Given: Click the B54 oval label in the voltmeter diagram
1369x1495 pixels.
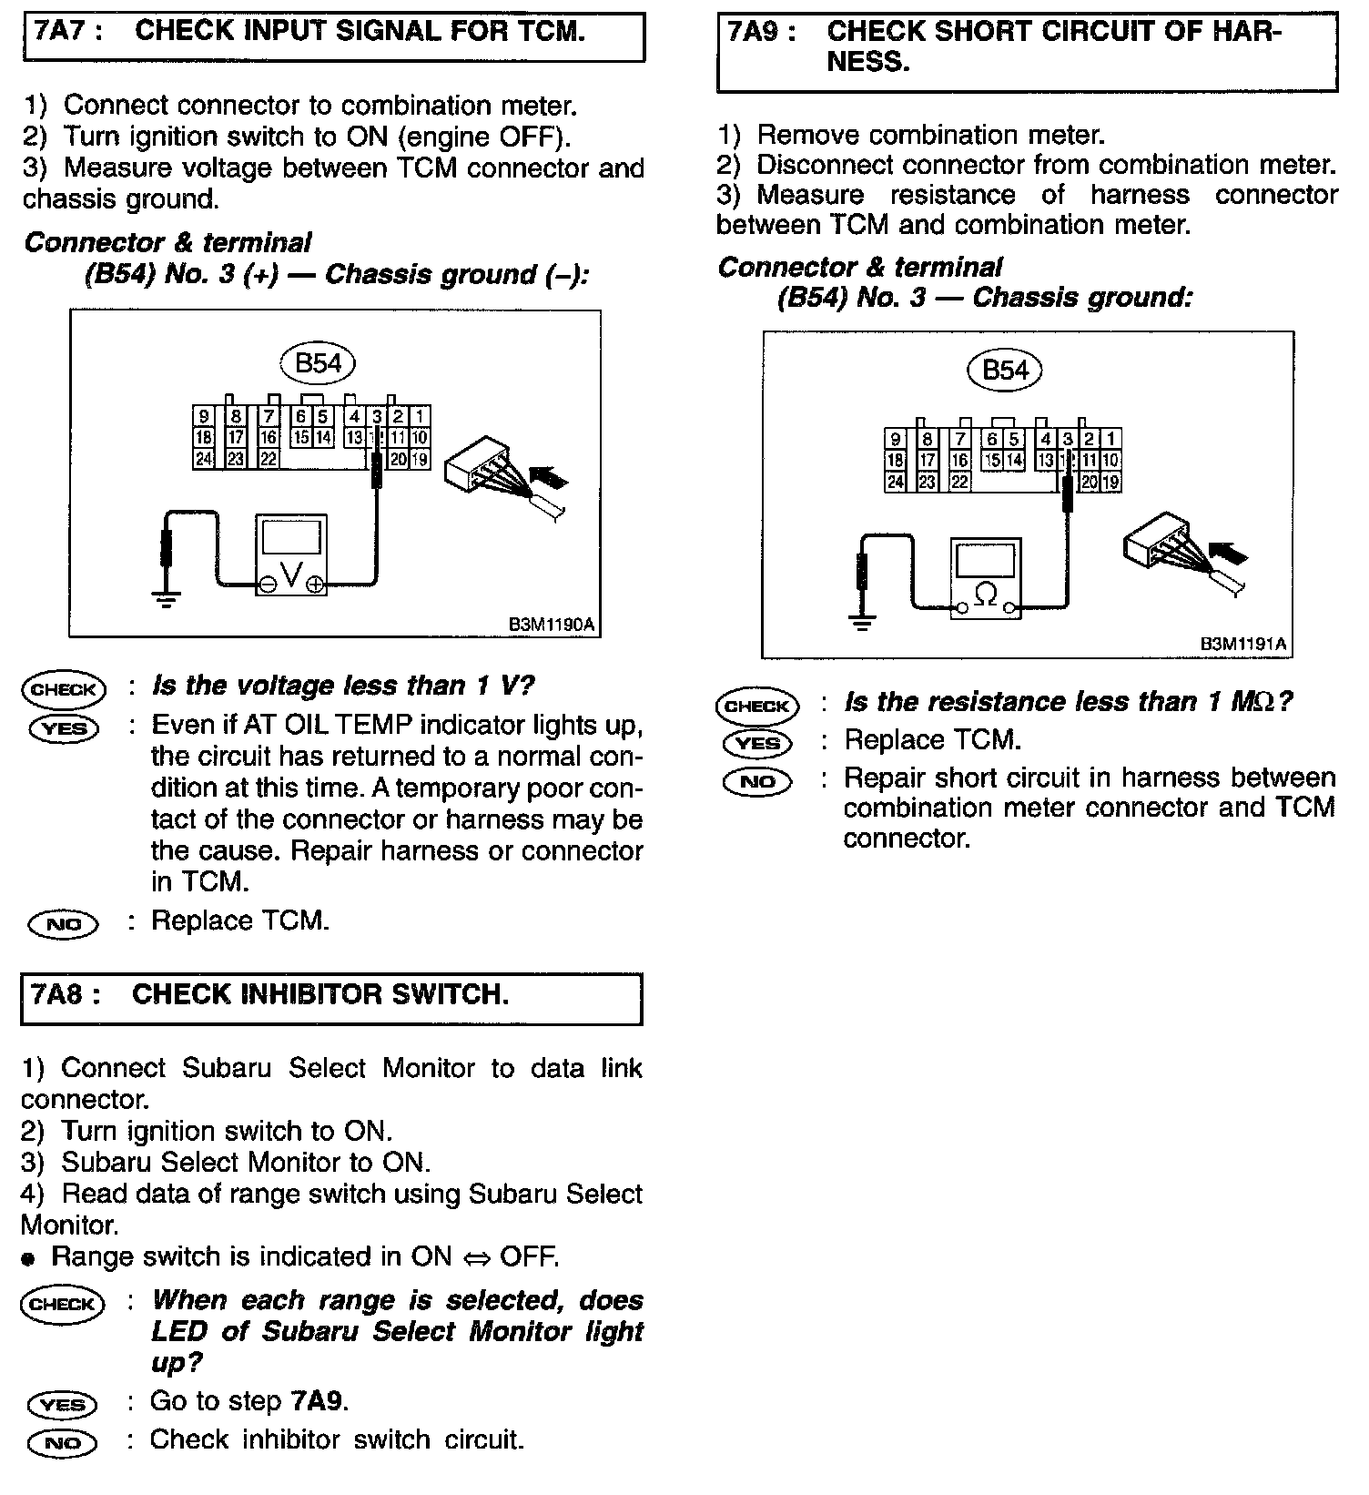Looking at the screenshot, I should (318, 363).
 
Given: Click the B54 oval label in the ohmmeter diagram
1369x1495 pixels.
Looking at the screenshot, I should (1005, 370).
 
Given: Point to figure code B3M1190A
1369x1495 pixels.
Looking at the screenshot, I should (552, 625).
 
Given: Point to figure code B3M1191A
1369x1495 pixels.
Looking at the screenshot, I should (1243, 645).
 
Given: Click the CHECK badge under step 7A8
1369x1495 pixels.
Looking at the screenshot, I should (63, 1303).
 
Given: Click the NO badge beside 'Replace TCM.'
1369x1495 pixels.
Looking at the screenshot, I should (63, 924).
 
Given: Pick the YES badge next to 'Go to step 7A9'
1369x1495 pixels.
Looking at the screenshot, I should (63, 1404).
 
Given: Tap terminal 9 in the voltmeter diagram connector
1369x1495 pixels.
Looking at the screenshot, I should (204, 417).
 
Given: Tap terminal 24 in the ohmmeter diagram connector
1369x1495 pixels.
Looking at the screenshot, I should (896, 483).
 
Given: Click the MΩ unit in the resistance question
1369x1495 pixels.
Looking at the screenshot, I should (1253, 702).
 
